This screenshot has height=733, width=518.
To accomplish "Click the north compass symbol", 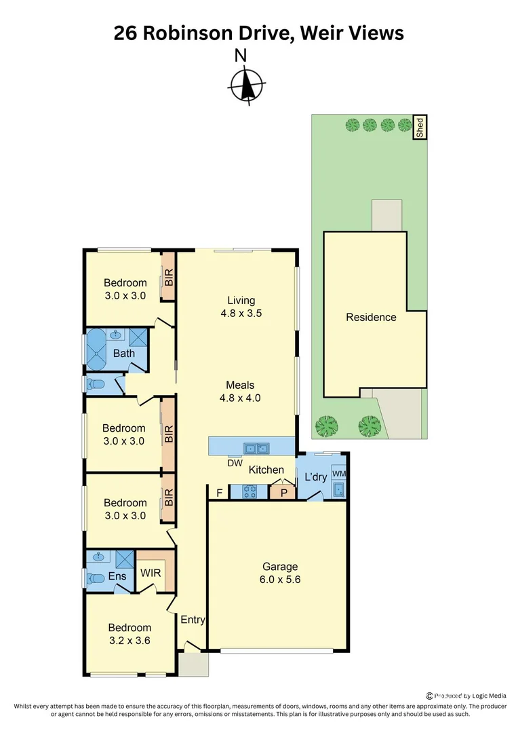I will (245, 85).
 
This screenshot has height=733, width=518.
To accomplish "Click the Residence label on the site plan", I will (371, 317).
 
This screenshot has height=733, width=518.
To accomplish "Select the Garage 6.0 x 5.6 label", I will (281, 573).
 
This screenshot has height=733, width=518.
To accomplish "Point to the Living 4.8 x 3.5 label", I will (241, 307).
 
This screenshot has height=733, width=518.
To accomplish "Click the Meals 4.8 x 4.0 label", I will (241, 392).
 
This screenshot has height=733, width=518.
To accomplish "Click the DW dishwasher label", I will (235, 464).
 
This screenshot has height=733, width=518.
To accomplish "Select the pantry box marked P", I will (283, 493).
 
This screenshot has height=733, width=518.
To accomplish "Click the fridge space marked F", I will (219, 493).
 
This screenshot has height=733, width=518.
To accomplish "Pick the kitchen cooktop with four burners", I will (249, 491).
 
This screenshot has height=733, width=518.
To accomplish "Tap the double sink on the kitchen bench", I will (257, 448).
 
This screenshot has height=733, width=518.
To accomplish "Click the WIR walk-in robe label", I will (151, 573).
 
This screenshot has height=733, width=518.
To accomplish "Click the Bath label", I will (123, 353).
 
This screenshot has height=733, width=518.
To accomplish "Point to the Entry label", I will (193, 620).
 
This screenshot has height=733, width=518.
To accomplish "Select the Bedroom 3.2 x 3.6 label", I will (128, 634).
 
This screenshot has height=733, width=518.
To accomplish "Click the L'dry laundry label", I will (315, 477).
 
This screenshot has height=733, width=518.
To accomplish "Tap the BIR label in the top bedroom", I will (169, 276).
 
